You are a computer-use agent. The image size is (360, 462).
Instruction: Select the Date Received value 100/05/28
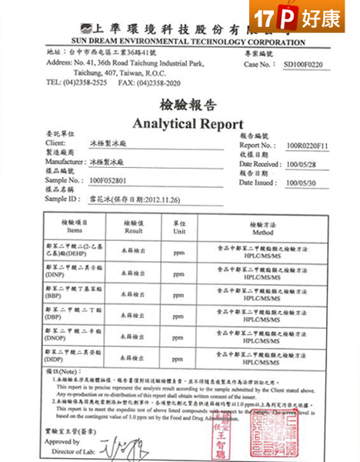[301, 164]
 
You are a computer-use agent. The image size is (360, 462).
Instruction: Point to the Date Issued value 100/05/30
[301, 183]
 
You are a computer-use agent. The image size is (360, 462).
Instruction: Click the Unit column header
[178, 229]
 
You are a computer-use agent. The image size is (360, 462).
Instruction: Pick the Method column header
[262, 229]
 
